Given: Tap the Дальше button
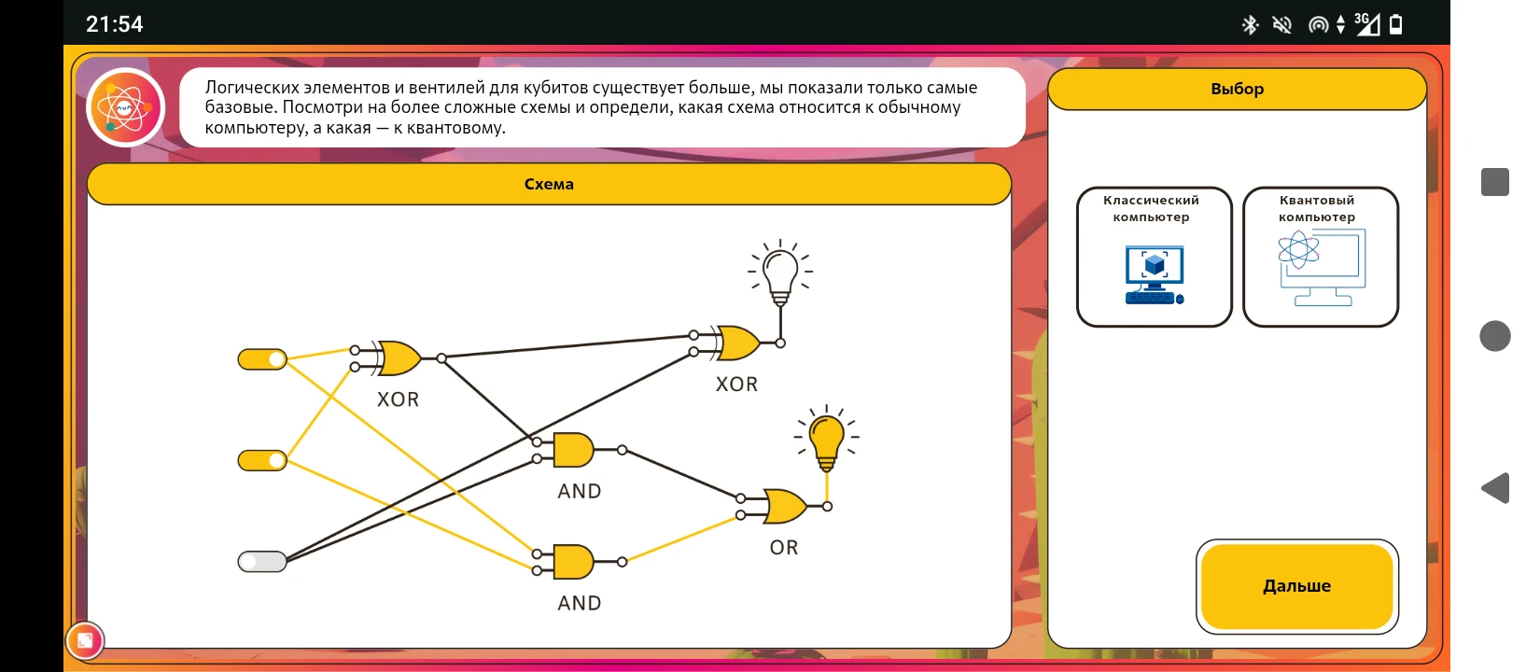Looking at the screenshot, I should [x=1296, y=586].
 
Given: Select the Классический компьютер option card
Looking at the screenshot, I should [x=1154, y=257].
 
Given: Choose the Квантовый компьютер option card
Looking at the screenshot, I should [x=1320, y=257].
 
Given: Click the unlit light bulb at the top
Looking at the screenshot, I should [x=780, y=273].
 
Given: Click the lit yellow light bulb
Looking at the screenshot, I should [x=826, y=441].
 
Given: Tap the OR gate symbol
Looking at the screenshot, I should [x=785, y=507].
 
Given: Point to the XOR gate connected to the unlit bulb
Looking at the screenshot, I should [x=738, y=343].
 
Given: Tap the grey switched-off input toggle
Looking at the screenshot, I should [x=262, y=562].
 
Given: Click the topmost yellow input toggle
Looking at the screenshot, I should [x=262, y=359].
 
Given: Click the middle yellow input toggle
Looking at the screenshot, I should [x=262, y=460].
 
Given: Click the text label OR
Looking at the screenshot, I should [x=784, y=548].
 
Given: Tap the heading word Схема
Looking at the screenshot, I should [x=549, y=184].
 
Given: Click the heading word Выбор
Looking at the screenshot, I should [x=1237, y=90].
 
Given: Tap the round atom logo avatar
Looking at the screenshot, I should [x=125, y=107].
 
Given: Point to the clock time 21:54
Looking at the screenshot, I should [x=114, y=24].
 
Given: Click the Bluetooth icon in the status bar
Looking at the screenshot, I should [x=1250, y=25].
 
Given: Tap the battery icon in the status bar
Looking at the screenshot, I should [x=1395, y=25].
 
